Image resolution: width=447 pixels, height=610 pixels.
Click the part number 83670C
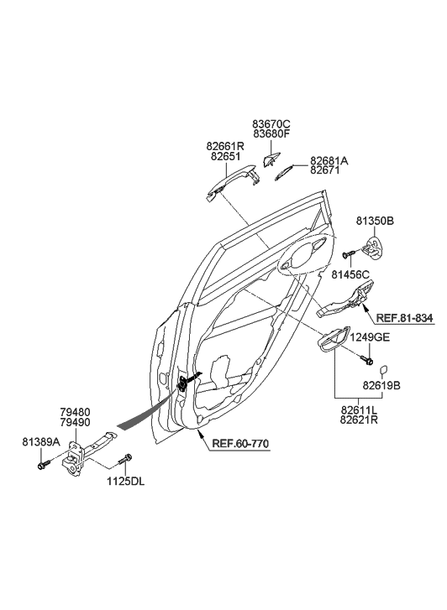271,124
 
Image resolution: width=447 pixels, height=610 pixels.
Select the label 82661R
225,147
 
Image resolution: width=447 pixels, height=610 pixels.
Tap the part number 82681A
329,160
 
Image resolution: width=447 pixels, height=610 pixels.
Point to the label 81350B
375,221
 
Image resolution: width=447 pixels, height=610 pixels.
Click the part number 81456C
350,274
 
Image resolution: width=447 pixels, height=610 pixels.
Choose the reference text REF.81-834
404,318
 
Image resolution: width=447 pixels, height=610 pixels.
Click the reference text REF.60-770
240,444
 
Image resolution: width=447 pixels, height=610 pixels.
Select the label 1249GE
370,337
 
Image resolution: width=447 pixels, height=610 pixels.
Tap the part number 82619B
381,385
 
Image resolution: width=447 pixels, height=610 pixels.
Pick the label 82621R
359,420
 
